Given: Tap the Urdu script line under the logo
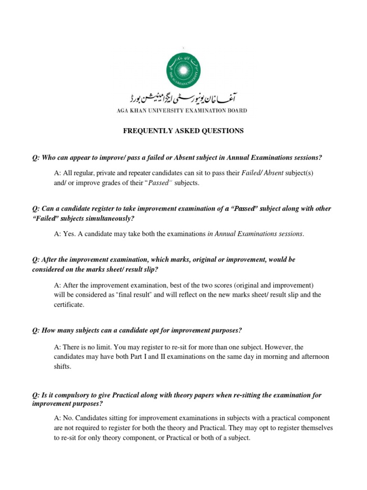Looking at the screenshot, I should [183, 99].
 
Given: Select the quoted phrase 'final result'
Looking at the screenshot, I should [138, 295].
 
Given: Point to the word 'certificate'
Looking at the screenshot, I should [69, 304].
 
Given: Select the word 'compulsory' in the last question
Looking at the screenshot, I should [72, 395].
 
